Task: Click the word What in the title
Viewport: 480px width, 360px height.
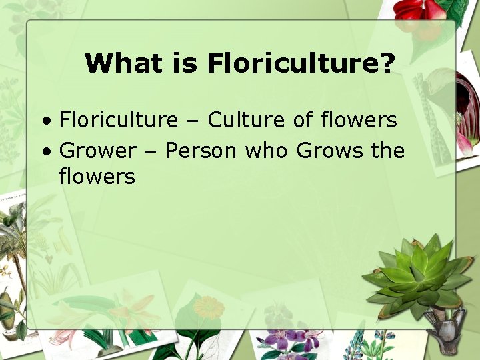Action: [122, 64]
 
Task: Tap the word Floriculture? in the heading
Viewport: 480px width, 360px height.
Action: [301, 64]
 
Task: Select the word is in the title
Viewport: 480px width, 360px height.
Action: [184, 64]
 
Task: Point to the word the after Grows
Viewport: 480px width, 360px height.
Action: [387, 151]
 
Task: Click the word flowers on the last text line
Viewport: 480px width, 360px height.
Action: [97, 177]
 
